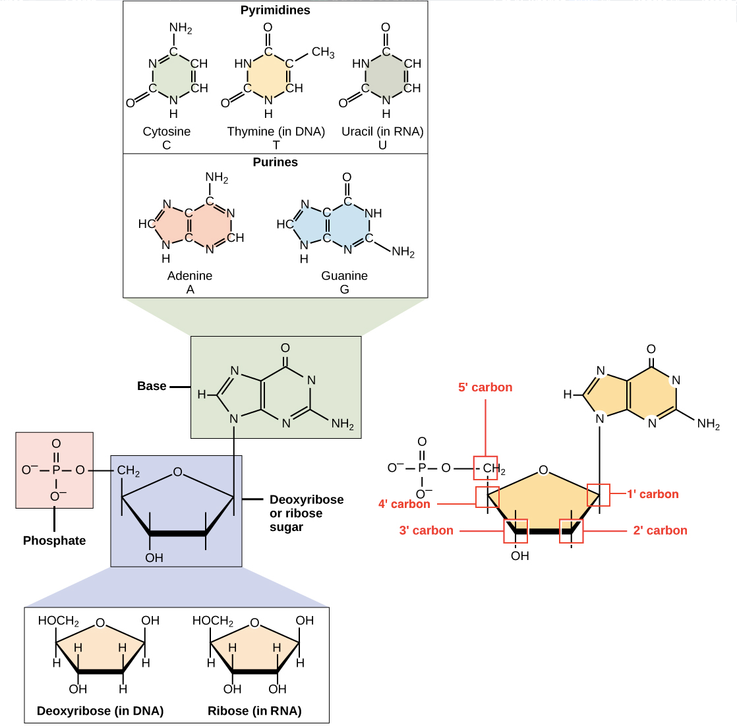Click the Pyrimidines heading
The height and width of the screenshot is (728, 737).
tap(276, 11)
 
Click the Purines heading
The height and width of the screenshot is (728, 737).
tap(276, 162)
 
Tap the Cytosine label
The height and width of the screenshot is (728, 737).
tap(167, 132)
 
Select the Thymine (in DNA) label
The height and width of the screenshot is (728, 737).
tap(276, 132)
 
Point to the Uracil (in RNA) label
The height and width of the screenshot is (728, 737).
tap(382, 132)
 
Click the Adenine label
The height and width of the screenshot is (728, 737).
tap(190, 276)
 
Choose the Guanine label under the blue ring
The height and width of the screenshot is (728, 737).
tap(344, 276)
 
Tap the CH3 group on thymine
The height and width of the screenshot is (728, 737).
tap(323, 53)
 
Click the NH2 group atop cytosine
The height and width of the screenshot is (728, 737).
tap(180, 28)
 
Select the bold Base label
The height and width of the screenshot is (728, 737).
tap(152, 386)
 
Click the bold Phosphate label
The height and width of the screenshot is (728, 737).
tap(54, 541)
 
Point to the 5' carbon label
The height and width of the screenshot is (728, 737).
tap(485, 387)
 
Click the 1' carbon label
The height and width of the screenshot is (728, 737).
tap(653, 494)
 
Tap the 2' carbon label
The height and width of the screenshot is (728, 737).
tap(660, 530)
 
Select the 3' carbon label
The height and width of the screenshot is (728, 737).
tap(427, 530)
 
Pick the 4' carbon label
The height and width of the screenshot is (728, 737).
tap(404, 504)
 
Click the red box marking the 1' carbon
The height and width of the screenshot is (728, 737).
tap(599, 495)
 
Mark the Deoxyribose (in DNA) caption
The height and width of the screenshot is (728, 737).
tap(100, 711)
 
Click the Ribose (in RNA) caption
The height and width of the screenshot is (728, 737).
tap(254, 711)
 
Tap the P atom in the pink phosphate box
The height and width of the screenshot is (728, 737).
tap(55, 470)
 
